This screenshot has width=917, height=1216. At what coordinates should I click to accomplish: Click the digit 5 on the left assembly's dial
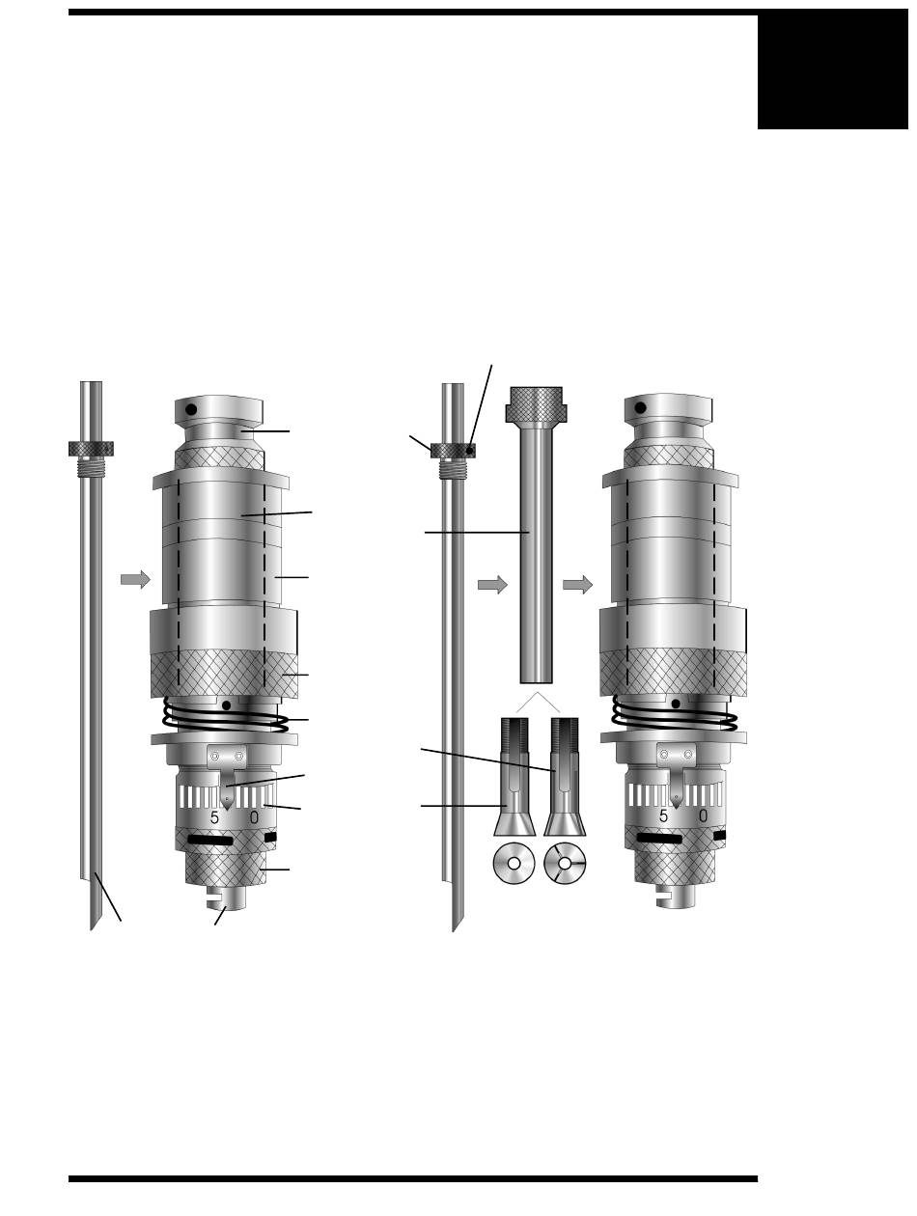point(214,817)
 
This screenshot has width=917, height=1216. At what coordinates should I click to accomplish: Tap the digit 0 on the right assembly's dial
point(703,815)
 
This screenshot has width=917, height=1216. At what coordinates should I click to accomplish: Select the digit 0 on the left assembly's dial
point(254,817)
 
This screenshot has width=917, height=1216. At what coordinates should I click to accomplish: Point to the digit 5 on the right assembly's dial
point(663,815)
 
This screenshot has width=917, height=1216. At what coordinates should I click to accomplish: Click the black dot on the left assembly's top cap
point(191,410)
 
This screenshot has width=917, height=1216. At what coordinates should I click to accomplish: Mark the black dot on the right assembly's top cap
point(640,407)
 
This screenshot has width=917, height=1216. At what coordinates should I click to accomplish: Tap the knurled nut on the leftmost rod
point(91,449)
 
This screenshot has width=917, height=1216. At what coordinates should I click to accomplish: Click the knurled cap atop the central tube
point(536,403)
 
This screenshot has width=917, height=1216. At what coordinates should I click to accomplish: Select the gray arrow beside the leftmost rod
point(135,579)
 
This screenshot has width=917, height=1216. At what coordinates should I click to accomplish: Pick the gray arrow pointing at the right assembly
point(578,585)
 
